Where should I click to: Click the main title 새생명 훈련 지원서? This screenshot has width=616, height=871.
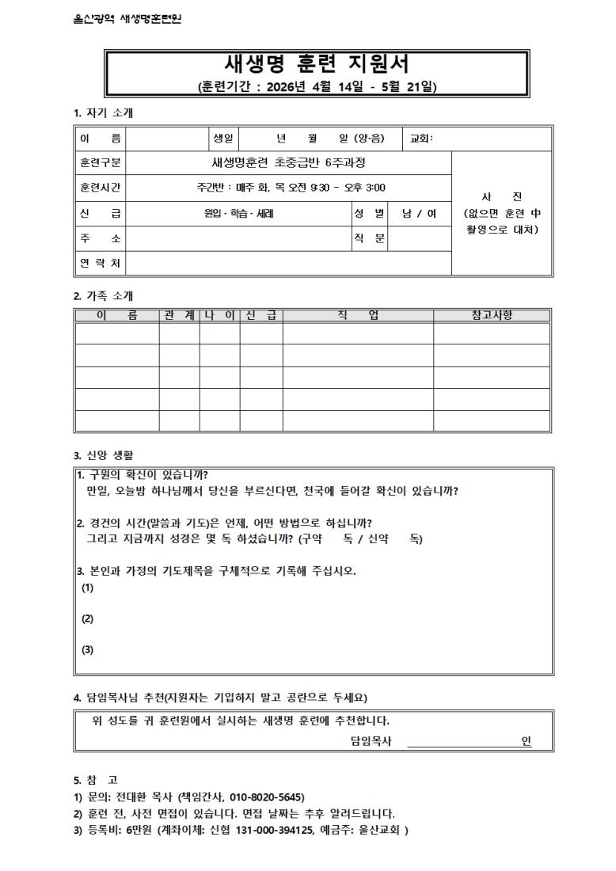tap(317, 63)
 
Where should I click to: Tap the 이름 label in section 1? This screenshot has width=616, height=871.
tap(100, 139)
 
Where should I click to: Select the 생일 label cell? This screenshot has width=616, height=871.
tap(222, 139)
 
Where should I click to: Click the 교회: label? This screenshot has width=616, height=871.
tap(421, 139)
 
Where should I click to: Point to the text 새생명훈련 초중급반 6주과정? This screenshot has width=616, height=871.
tap(287, 163)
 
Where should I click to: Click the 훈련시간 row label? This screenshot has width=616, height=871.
tap(100, 188)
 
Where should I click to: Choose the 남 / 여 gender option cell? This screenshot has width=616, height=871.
tap(419, 213)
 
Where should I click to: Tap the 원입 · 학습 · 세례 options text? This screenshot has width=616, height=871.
tap(239, 213)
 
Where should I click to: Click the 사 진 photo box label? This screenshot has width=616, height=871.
tap(501, 196)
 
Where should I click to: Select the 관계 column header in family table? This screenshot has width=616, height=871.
tap(179, 315)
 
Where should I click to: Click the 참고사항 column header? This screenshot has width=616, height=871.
tap(492, 315)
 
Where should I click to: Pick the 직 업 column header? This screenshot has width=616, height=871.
tap(357, 315)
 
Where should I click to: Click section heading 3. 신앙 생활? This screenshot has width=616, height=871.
tap(104, 455)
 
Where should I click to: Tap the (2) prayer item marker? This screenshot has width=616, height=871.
tap(88, 618)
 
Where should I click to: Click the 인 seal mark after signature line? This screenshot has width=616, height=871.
tap(526, 741)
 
